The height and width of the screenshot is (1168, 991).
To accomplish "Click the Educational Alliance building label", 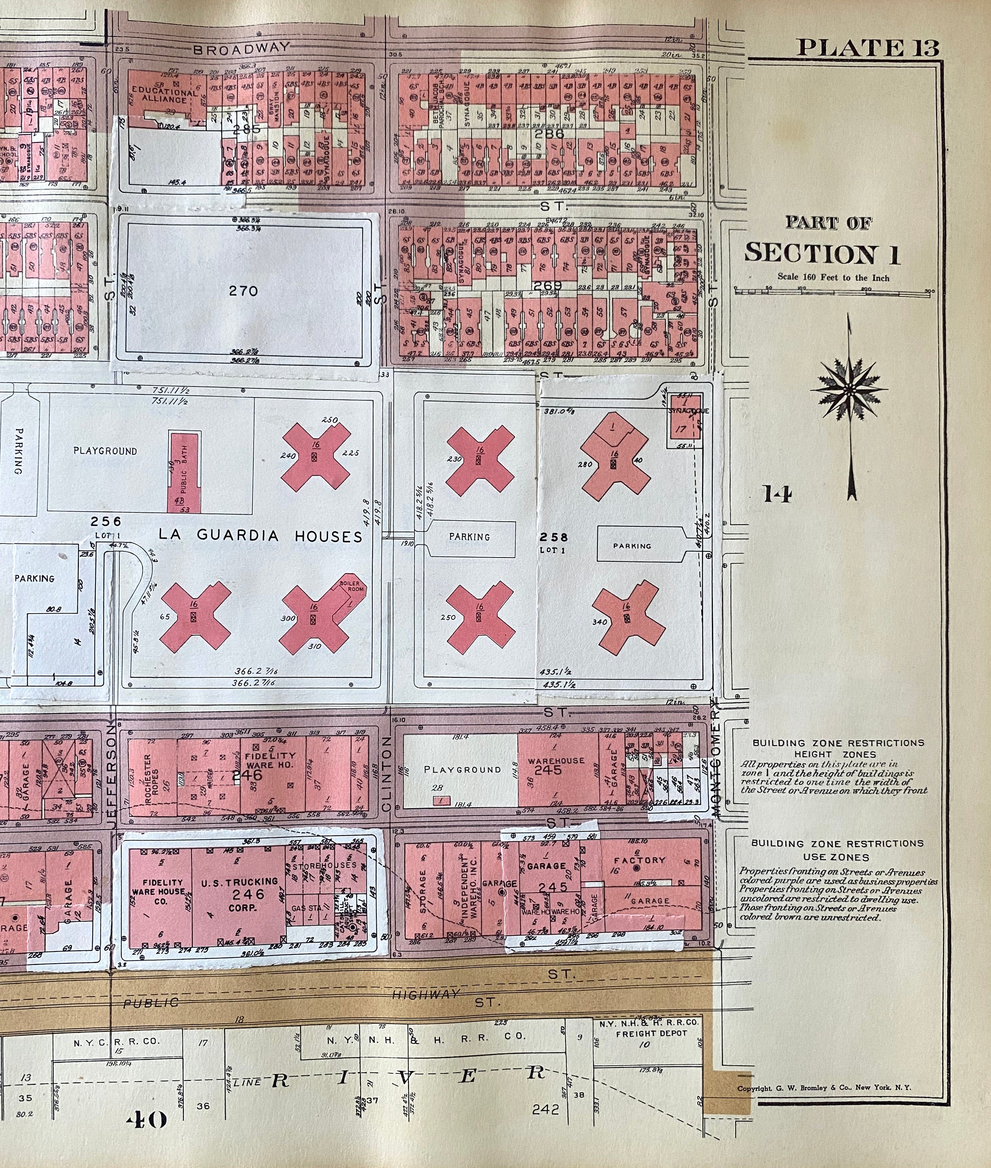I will point(165,95).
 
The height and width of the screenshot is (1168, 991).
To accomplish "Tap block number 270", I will point(243,291).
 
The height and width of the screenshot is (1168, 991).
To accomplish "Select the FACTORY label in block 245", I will point(639,860).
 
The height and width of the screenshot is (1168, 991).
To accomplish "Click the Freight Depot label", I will point(651,1033).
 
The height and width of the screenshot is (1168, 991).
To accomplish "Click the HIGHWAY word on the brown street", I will point(425,994).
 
